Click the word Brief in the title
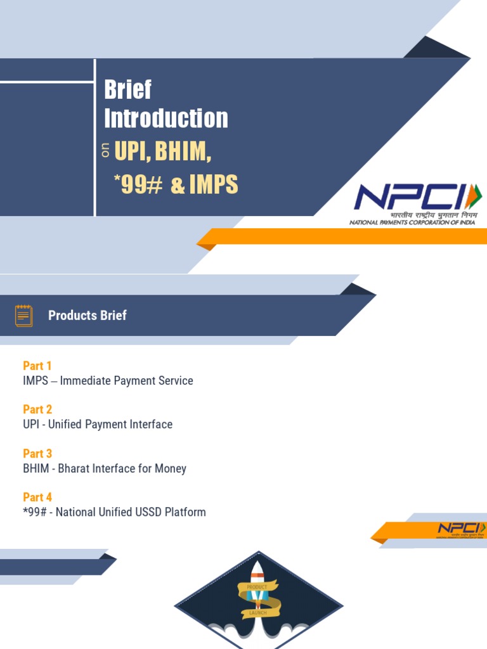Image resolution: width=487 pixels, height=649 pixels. click(x=128, y=90)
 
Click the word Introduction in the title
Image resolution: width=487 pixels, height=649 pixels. click(x=166, y=119)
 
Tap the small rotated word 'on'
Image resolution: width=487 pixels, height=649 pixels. click(x=106, y=151)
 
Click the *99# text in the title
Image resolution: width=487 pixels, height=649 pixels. click(x=138, y=184)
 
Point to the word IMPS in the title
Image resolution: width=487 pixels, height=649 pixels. click(x=214, y=184)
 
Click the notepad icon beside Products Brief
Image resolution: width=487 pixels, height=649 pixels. click(x=24, y=315)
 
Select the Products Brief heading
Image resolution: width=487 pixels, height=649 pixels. click(x=88, y=316)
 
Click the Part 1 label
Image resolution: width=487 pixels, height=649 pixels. click(x=37, y=366)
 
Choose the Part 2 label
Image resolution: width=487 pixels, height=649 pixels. click(x=37, y=409)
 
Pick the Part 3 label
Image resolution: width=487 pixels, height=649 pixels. click(x=37, y=454)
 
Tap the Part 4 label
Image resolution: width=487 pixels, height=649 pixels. click(x=37, y=498)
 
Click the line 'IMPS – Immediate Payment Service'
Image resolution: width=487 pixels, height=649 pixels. click(x=108, y=381)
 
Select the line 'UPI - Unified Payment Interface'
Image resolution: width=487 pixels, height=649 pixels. click(x=98, y=425)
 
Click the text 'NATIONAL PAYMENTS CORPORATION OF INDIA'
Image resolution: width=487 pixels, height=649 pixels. click(x=413, y=222)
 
